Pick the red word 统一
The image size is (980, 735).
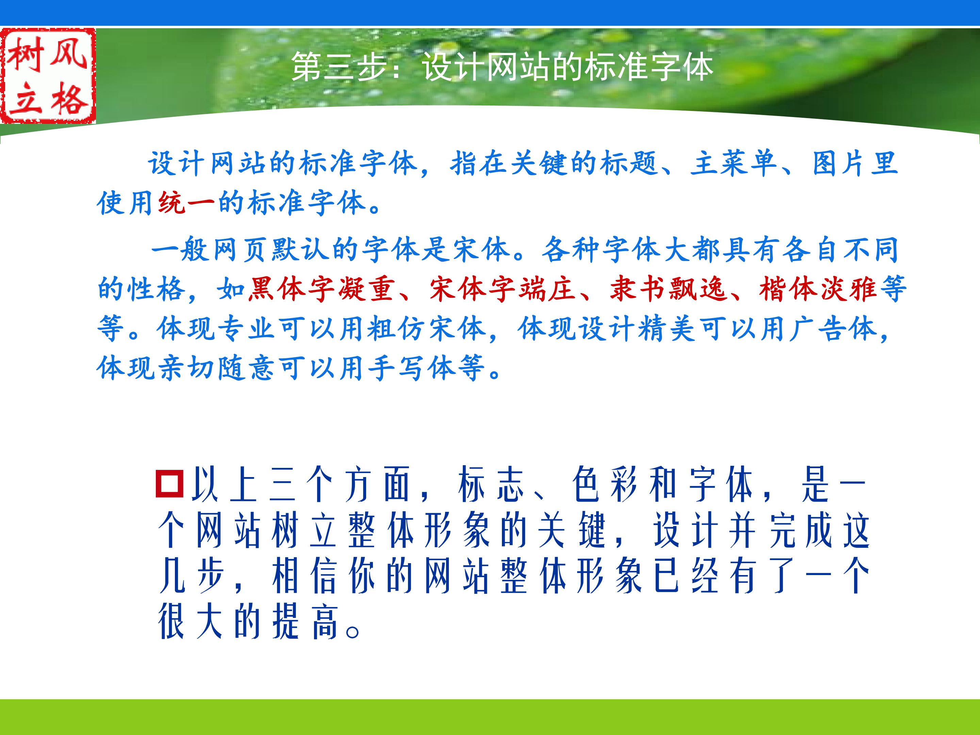point(187,203)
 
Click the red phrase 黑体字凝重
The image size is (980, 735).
point(321,289)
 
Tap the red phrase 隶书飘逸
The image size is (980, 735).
point(668,289)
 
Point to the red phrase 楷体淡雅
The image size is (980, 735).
point(818,289)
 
